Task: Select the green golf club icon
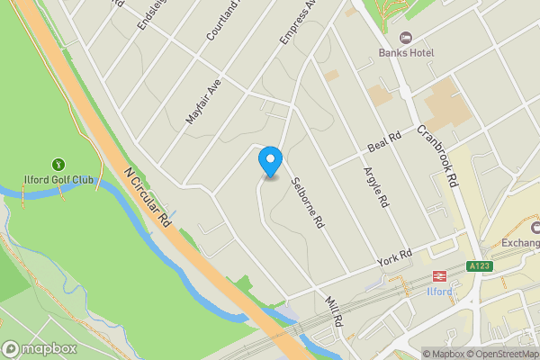[58, 165]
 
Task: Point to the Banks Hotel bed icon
[406, 38]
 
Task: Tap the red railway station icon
[440, 276]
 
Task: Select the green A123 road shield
[480, 266]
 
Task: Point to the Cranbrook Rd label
[436, 155]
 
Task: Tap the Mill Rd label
[333, 310]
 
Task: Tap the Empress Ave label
[298, 20]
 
